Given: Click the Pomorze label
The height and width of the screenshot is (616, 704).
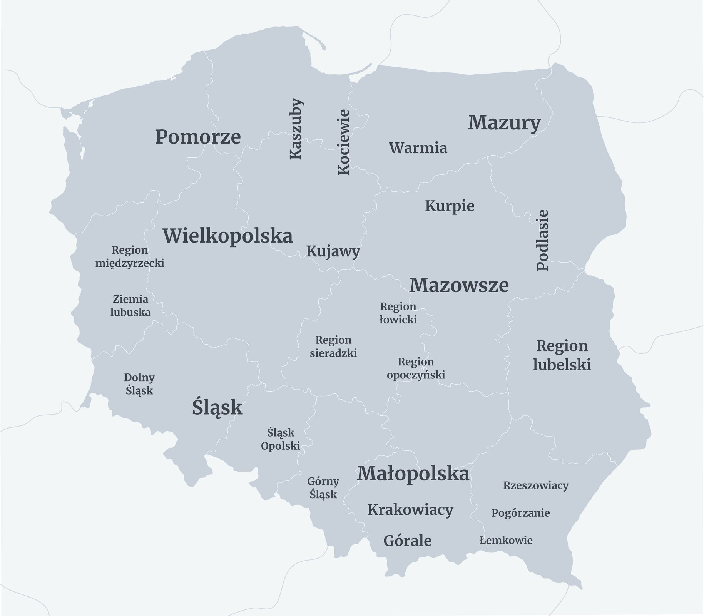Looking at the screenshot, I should coord(198,137).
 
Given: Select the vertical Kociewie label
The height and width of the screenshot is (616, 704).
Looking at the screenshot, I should coord(344,142).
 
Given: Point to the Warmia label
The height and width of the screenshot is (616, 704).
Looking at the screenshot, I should coord(418,148).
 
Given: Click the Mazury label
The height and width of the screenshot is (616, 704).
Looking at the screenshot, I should coord(504,123).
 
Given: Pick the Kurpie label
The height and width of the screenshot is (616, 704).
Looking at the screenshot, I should coord(450,206).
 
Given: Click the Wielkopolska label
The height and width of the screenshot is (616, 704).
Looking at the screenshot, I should coord(227,236).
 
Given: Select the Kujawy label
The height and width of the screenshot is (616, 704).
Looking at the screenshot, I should coord(333,252).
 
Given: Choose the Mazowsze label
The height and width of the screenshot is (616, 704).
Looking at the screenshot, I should coord(459,285).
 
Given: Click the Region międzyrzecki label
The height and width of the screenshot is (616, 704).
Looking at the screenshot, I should coord(130,257).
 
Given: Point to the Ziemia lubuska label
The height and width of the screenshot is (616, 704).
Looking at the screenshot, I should coord(130,305).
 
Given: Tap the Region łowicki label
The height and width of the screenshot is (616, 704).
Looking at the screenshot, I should coord(398,313).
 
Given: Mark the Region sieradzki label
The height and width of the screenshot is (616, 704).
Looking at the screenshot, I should coord(333,346).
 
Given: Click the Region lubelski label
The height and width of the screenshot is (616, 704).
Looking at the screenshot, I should coord(562,355).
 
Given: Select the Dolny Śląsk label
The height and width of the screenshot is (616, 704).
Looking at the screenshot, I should coord(139,384).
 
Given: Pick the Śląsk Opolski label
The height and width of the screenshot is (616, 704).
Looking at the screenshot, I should coord(280,439).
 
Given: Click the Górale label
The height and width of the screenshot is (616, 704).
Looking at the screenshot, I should coord(407,541).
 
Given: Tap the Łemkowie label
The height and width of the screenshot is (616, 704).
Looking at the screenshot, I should coord(506,540).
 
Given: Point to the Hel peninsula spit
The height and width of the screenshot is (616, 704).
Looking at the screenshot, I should coord(315,40).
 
